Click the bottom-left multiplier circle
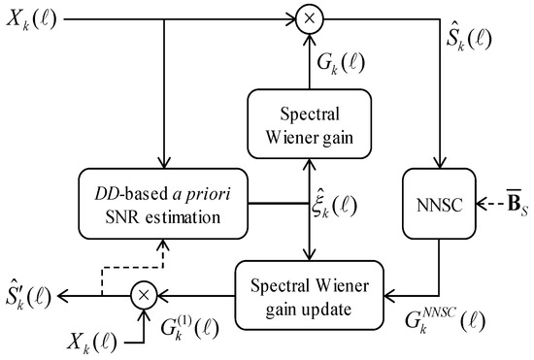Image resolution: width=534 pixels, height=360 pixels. click(x=145, y=291)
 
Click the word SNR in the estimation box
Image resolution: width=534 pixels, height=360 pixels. click(x=122, y=217)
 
